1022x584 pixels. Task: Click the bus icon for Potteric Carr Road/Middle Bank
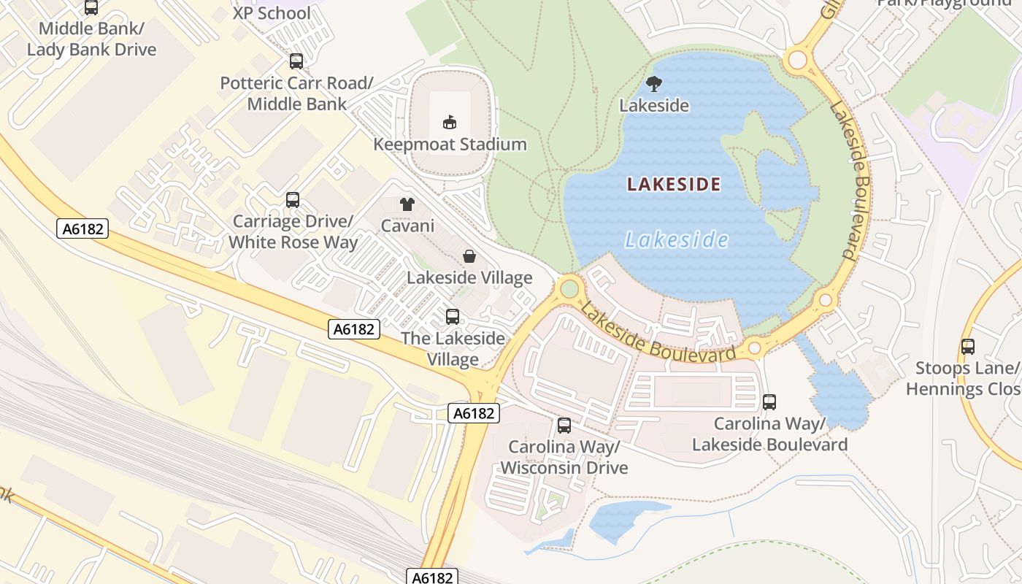296,61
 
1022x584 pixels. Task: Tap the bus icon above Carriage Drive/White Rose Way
293,199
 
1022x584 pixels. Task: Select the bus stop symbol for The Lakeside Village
453,317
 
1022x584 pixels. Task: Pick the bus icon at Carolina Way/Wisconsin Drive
564,426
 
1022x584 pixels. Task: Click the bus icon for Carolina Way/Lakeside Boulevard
769,402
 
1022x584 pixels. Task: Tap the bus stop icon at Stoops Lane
968,347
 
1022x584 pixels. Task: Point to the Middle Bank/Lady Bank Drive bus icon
91,8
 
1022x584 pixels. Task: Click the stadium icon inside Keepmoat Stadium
450,122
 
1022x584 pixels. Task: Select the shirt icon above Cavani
407,204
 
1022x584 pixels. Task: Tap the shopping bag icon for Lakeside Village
469,256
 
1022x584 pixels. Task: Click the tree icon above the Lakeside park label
654,84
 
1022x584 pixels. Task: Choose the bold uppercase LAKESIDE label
674,184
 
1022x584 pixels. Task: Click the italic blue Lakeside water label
677,240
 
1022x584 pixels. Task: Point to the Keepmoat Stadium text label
450,145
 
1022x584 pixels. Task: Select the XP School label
272,13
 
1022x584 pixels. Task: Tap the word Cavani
407,226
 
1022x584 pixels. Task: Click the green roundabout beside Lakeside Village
569,288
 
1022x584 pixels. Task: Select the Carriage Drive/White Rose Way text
293,231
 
